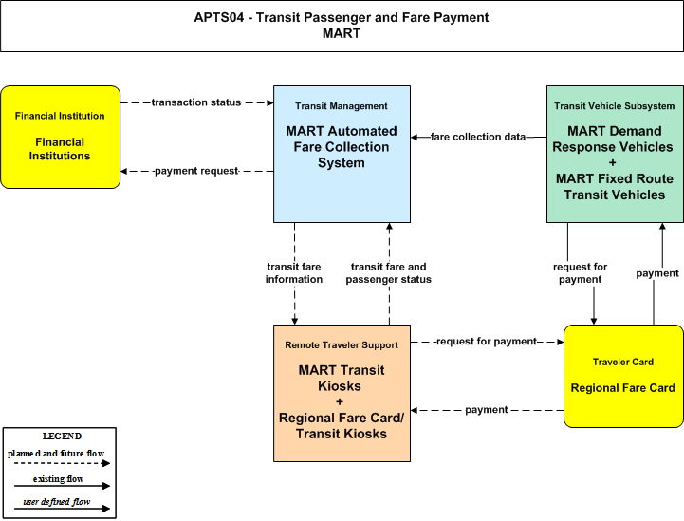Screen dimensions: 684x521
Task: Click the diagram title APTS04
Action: point(342,26)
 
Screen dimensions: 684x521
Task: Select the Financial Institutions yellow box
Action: point(60,137)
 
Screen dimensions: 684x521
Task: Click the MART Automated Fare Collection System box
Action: point(342,154)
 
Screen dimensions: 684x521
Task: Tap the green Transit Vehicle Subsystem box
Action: point(615,154)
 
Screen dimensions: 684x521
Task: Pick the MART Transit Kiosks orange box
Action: point(342,393)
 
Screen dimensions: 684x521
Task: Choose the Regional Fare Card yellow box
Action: point(623,376)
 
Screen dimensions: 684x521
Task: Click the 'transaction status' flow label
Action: point(196,102)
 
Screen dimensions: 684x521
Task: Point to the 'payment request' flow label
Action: point(196,171)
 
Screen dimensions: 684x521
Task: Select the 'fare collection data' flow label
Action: point(478,137)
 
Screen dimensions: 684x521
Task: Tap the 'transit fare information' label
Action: point(294,272)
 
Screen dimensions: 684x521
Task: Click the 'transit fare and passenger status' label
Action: point(389,272)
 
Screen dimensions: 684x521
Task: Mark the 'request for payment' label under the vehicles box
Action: point(581,272)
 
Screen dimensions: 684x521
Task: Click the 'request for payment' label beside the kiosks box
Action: point(487,342)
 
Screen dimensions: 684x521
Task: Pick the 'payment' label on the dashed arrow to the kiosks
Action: point(487,410)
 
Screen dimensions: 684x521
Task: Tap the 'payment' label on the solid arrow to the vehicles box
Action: point(657,273)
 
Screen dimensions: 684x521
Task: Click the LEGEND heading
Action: point(62,437)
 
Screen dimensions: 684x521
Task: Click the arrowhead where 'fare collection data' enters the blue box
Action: point(414,137)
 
